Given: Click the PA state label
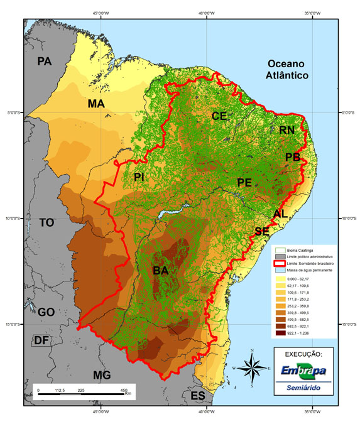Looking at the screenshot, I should [44, 62].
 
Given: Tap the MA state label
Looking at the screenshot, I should [96, 104].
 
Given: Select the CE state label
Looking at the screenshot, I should [219, 116].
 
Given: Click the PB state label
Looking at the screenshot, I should [293, 157].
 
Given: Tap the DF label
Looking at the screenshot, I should [41, 340].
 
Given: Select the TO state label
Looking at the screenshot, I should [47, 223].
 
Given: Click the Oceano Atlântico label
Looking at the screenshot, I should [286, 69].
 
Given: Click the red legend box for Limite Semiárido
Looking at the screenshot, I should [278, 264].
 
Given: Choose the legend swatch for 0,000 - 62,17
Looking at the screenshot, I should [278, 279].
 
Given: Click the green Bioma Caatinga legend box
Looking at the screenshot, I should [278, 250].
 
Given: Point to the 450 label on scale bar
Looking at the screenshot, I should [123, 389].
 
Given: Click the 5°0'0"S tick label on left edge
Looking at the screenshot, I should [14, 113].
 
